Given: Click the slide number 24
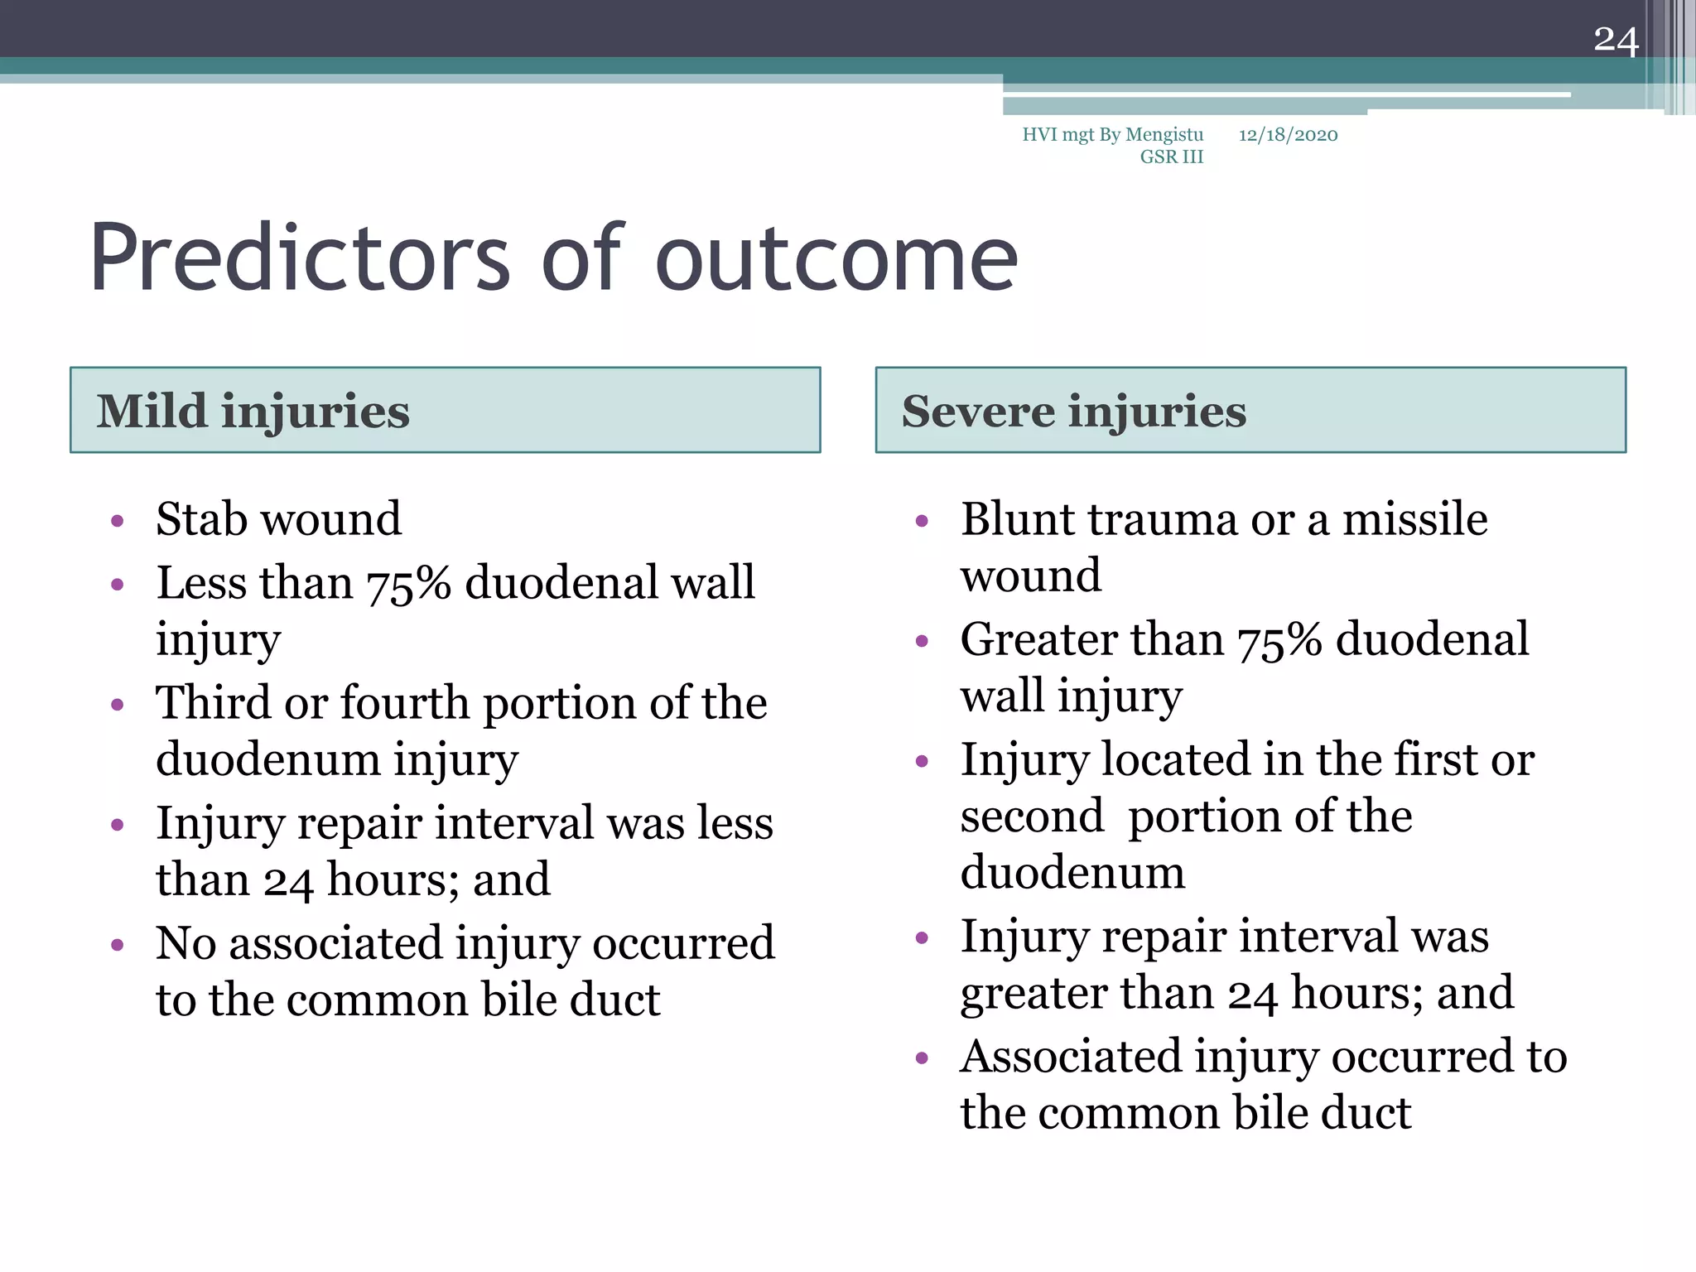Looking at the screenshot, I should (x=1616, y=41).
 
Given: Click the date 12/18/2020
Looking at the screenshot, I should (x=1288, y=135).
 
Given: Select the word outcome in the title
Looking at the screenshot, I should (x=836, y=260).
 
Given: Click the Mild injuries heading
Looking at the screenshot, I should (x=253, y=411).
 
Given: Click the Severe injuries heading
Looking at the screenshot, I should (x=1073, y=411).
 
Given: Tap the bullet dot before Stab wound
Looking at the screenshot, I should (x=118, y=522).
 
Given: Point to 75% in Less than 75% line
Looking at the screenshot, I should (x=408, y=583).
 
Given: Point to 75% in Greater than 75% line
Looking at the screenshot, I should (x=1279, y=640).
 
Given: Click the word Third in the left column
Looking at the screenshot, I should (x=213, y=703).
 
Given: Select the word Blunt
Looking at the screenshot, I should (x=1016, y=519).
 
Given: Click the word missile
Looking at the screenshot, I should (x=1414, y=519).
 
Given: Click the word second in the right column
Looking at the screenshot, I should (x=1032, y=817).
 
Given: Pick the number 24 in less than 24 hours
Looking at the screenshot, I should (x=288, y=880).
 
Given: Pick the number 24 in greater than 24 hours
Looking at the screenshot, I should (x=1252, y=994).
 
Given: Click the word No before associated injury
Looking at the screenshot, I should (x=185, y=943).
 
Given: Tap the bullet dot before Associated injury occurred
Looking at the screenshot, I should (x=923, y=1059).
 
